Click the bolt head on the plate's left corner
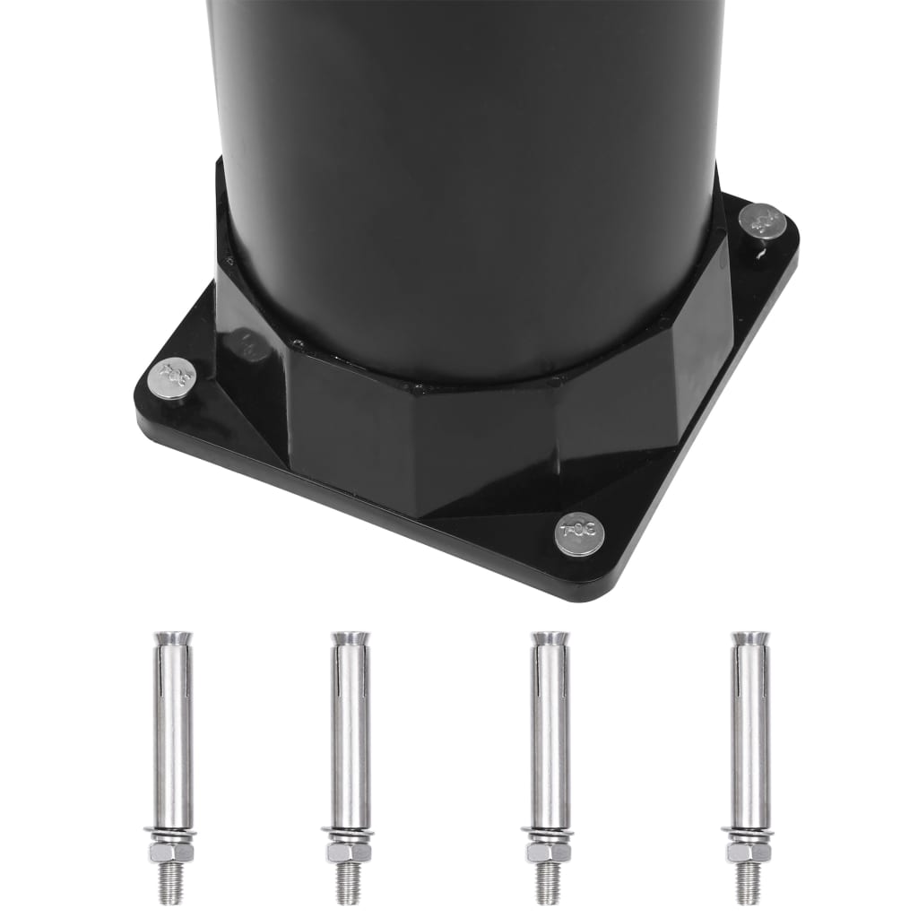coord(171,377)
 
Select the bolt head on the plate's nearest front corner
coord(579,534)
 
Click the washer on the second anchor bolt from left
coord(349,836)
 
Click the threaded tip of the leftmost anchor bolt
coord(171,883)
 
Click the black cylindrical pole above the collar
coord(466,161)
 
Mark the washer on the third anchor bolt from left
coord(548,836)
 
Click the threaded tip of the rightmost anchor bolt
coord(748,883)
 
